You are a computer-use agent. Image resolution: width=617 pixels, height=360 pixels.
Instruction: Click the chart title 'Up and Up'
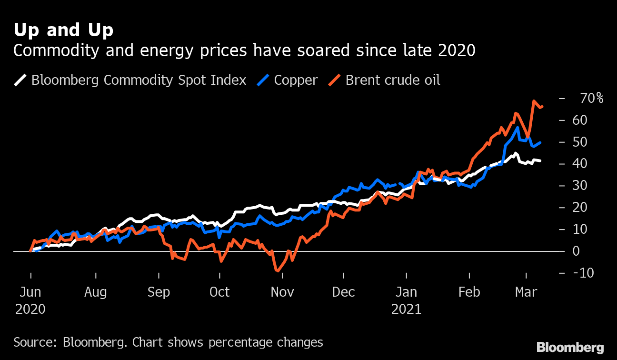pyautogui.click(x=63, y=30)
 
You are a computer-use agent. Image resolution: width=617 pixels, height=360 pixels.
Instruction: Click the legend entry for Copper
pyautogui.click(x=295, y=80)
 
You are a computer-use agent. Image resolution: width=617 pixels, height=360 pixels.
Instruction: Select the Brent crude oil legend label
pyautogui.click(x=392, y=80)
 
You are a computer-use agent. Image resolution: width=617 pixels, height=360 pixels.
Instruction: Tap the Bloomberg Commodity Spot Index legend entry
pyautogui.click(x=139, y=80)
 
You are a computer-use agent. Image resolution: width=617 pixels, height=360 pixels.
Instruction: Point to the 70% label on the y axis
pyautogui.click(x=592, y=99)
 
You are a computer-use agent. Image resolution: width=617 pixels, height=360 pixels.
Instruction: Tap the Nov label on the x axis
pyautogui.click(x=282, y=292)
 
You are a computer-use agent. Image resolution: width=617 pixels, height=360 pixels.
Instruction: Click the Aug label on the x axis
pyautogui.click(x=95, y=292)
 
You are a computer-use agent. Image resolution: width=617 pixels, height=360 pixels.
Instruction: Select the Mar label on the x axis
pyautogui.click(x=526, y=292)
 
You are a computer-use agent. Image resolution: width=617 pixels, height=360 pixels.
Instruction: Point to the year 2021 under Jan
pyautogui.click(x=406, y=309)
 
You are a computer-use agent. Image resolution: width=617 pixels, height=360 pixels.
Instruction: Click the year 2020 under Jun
pyautogui.click(x=30, y=309)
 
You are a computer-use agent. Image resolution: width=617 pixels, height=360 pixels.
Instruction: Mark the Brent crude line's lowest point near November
pyautogui.click(x=277, y=271)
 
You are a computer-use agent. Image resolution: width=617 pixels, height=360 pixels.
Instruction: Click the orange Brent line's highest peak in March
pyautogui.click(x=534, y=101)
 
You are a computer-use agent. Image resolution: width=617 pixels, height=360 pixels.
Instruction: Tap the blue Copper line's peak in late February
pyautogui.click(x=517, y=127)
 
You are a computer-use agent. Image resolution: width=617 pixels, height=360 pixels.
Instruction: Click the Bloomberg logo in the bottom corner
pyautogui.click(x=570, y=347)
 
